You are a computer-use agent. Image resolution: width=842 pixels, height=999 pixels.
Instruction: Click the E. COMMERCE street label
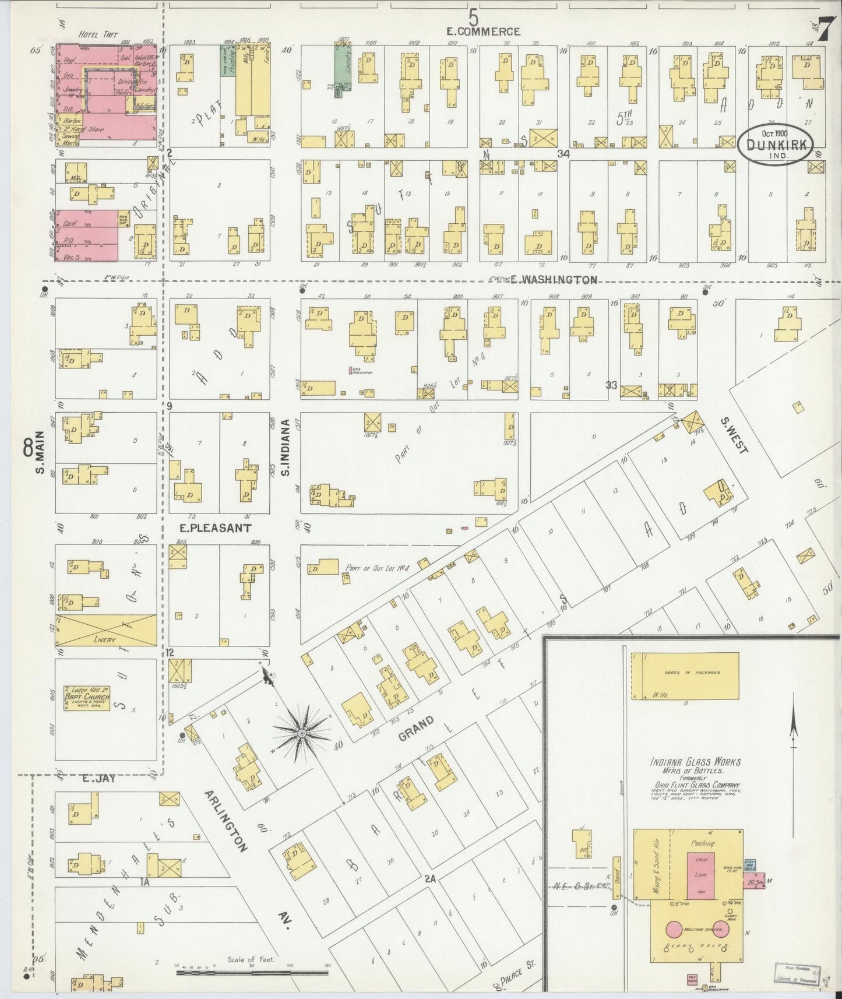[x=483, y=31]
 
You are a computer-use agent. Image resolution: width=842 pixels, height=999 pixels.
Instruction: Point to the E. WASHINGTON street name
[x=553, y=280]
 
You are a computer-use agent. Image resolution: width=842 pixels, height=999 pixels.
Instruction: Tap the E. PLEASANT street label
[x=215, y=528]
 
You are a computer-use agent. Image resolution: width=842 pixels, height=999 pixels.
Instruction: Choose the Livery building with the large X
[x=105, y=629]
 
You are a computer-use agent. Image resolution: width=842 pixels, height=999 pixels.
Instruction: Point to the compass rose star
[x=302, y=732]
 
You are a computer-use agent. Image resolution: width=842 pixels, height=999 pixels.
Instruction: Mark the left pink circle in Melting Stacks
[x=674, y=929]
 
